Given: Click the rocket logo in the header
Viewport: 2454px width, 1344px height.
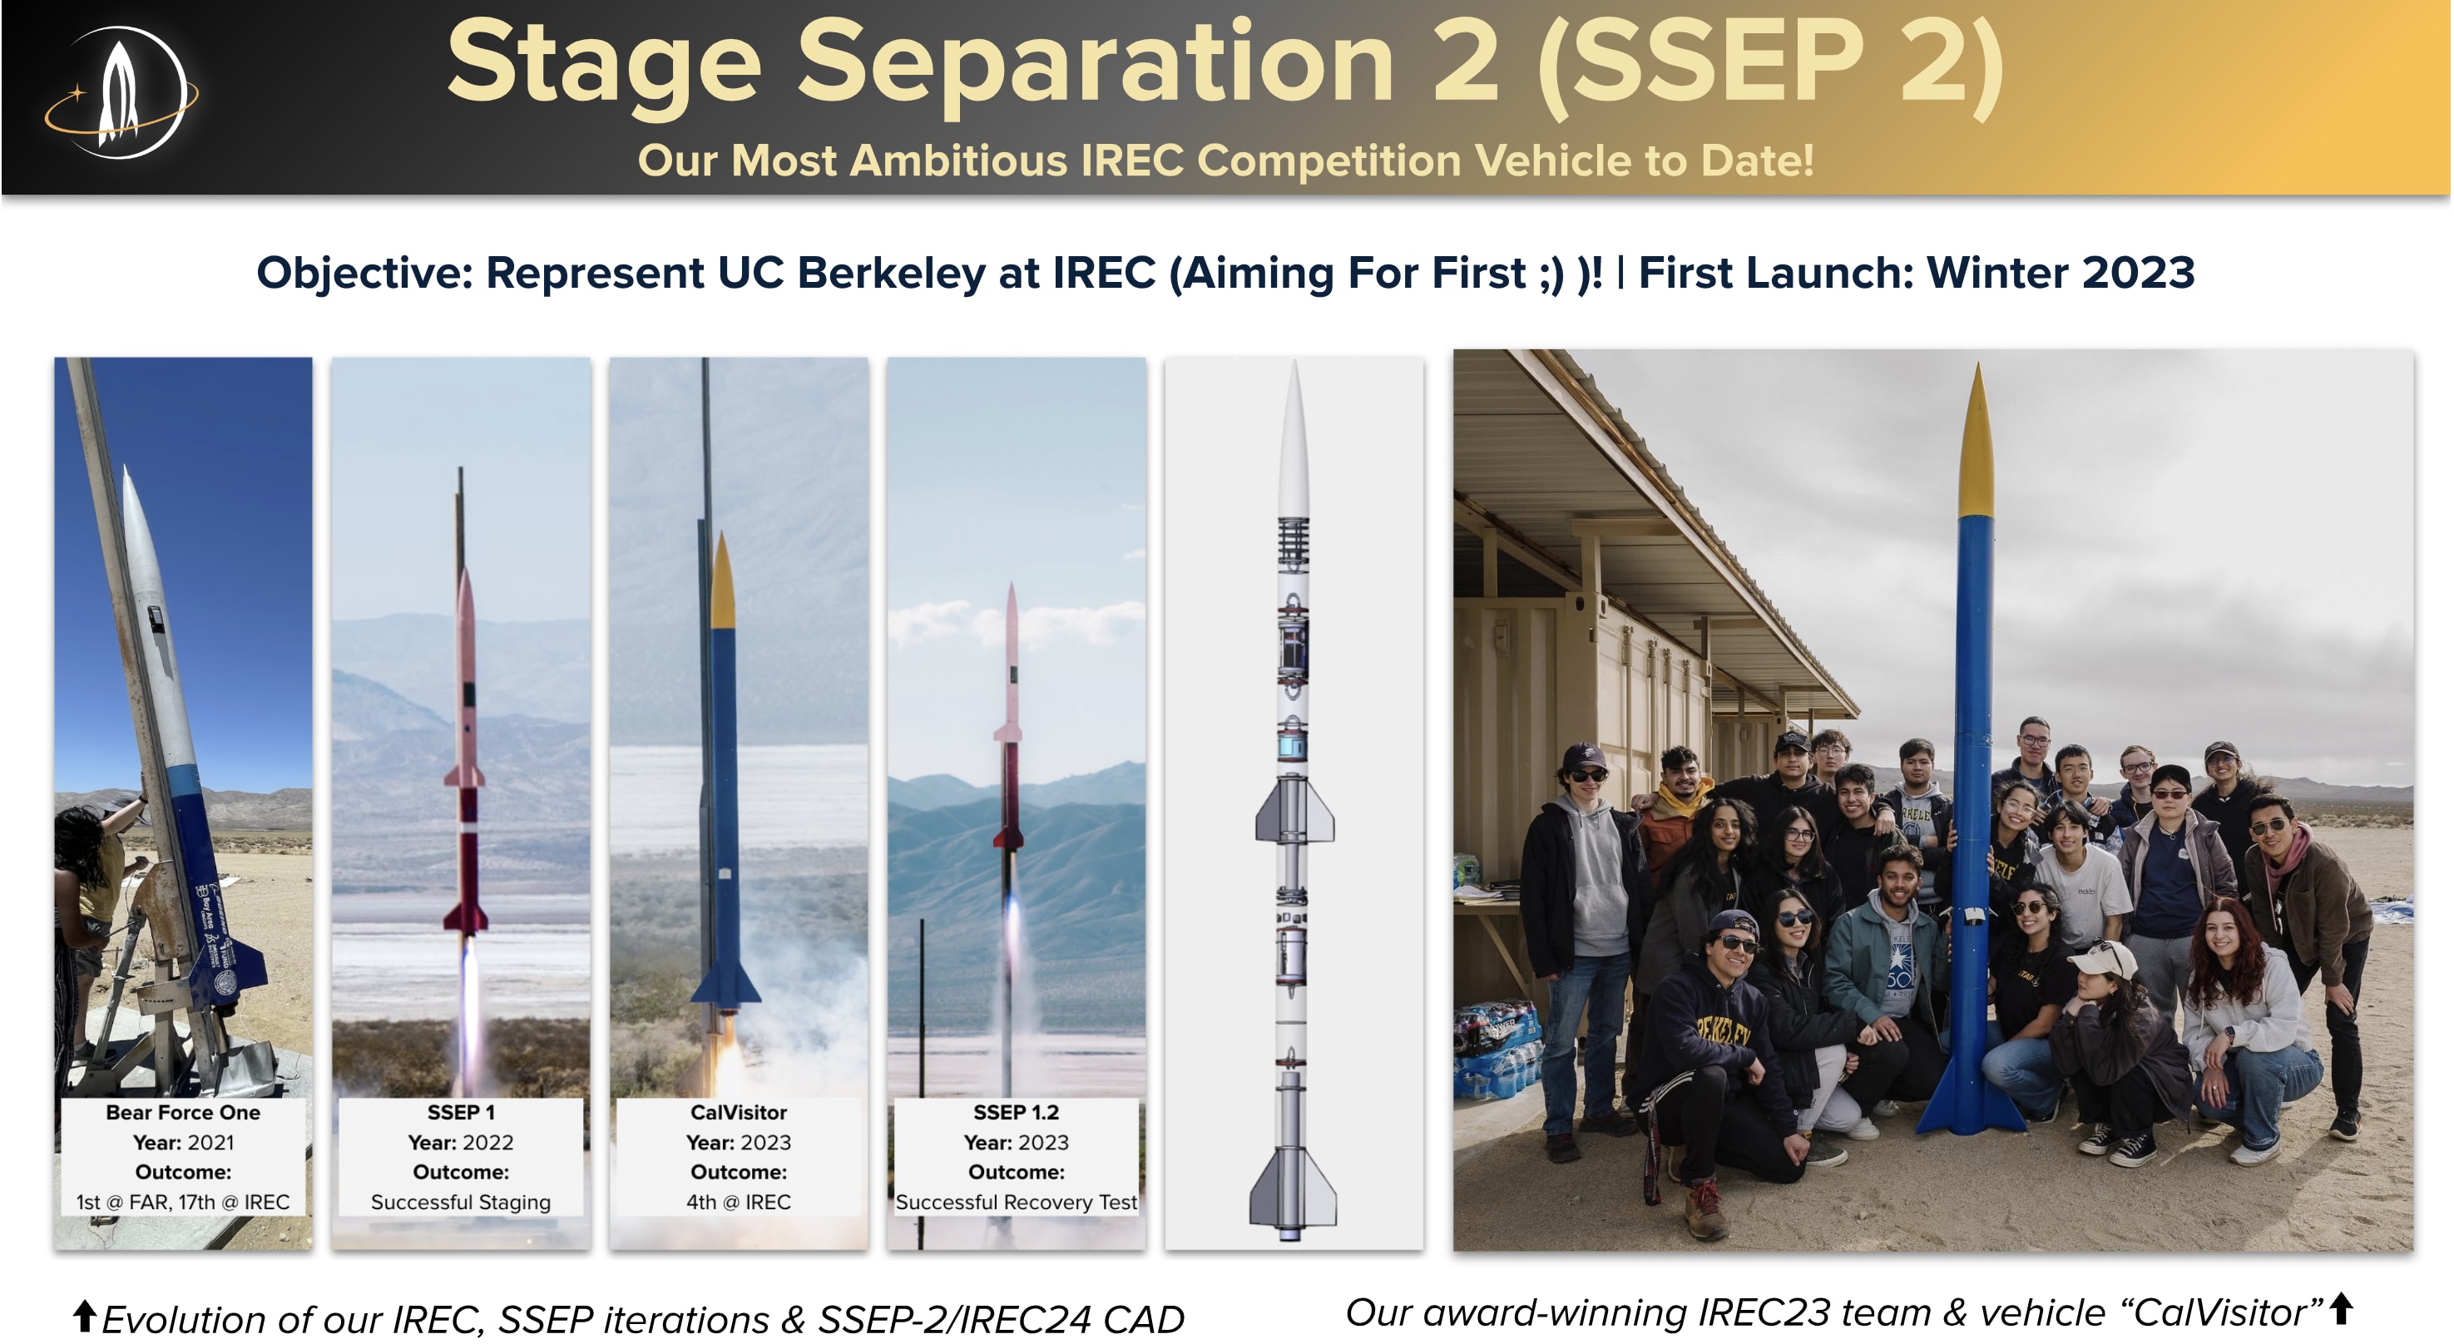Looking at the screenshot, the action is tap(120, 93).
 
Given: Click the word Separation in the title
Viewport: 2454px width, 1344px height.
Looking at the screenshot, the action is tap(1096, 65).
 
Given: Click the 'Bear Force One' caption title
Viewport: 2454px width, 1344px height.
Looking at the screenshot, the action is tap(183, 1113).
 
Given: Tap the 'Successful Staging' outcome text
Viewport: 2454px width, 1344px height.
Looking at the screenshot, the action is tap(461, 1203).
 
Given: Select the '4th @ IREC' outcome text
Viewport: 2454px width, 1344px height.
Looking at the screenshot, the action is tap(739, 1202).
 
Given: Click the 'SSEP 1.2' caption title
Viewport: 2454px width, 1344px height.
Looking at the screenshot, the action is tap(1016, 1113).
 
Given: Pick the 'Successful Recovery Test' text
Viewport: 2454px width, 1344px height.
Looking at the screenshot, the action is tap(1016, 1203).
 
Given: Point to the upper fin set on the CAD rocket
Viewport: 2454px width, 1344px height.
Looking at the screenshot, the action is tap(1293, 808).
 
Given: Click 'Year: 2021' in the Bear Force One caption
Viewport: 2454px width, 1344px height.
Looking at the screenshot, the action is tap(183, 1143).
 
